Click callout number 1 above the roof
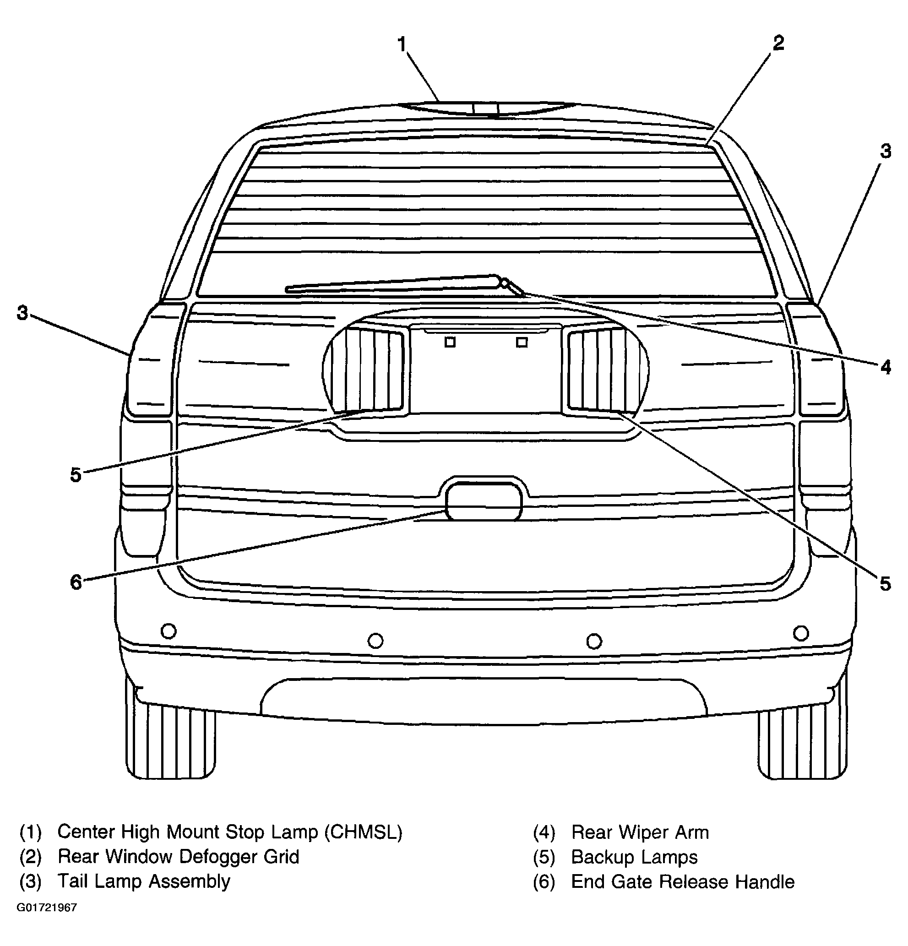click(x=402, y=44)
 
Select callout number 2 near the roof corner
click(x=778, y=43)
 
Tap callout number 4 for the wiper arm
click(x=885, y=367)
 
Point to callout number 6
click(x=76, y=582)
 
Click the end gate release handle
click(x=484, y=501)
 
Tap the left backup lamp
click(x=375, y=369)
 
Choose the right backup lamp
click(x=597, y=369)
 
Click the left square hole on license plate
click(x=450, y=342)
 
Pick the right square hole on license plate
click(x=522, y=342)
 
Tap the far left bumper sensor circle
click(x=169, y=631)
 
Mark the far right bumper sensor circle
click(x=801, y=633)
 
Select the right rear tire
click(x=801, y=743)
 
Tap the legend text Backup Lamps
click(x=634, y=857)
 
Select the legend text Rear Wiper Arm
click(x=640, y=832)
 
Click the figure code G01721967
click(x=47, y=908)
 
